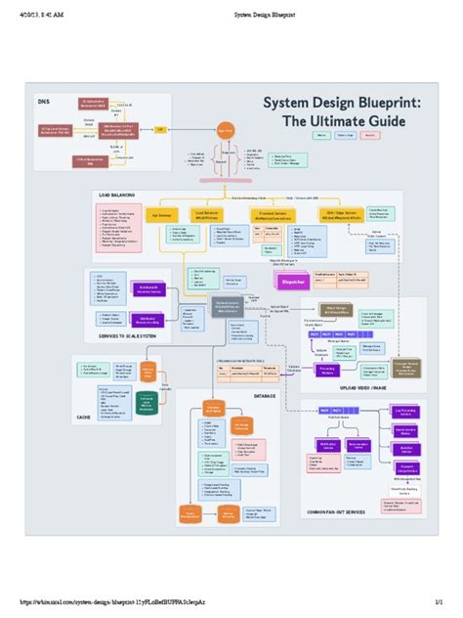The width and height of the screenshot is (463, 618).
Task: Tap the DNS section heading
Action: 43,101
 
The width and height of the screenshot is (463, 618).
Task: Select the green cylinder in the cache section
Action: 147,404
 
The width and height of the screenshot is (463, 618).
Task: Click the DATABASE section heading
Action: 264,396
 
